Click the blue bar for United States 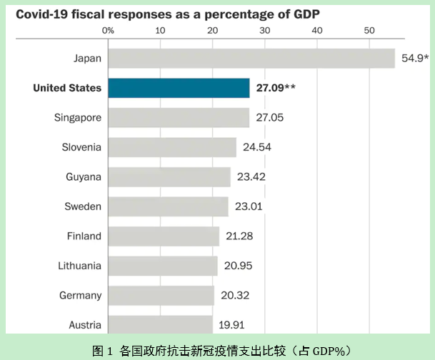click(179, 88)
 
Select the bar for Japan click(251, 58)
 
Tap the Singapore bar click(179, 118)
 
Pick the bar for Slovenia click(172, 147)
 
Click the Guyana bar click(169, 176)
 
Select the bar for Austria click(160, 325)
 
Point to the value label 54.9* click(414, 59)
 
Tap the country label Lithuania click(80, 266)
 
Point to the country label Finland click(84, 236)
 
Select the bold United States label click(67, 88)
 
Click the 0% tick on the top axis click(109, 31)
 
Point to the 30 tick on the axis click(264, 31)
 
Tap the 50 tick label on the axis click(369, 31)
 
